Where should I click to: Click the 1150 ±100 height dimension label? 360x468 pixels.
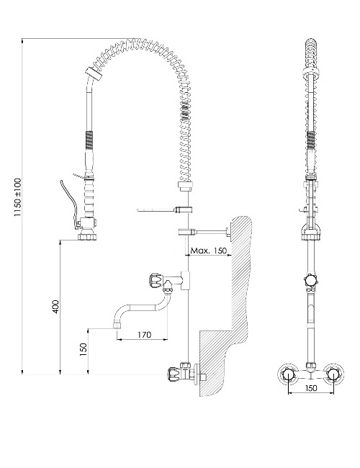18,197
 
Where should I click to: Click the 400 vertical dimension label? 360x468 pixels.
55,307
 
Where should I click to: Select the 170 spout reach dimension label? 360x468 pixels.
145,335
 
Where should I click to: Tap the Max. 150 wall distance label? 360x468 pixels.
209,251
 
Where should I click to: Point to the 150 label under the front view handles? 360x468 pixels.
311,388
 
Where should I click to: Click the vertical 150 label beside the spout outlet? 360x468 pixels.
84,349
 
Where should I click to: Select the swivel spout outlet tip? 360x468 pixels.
117,325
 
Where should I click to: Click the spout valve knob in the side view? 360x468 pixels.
156,280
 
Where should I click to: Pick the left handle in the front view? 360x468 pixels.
289,374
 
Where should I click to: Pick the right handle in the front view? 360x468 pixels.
333,374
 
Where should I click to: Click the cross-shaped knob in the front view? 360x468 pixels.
310,280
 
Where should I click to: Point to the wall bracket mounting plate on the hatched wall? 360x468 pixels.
229,232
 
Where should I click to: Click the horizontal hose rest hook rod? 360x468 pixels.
156,210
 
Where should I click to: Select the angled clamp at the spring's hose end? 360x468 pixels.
94,73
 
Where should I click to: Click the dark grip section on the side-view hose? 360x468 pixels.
89,140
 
